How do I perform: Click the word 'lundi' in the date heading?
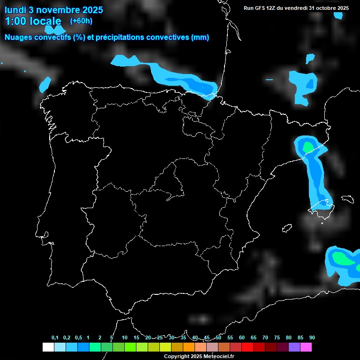coord(15,10)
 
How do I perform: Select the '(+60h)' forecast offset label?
coord(81,21)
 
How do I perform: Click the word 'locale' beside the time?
coord(45,21)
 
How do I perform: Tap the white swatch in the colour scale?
coord(48,347)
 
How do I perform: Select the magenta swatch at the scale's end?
coord(306,347)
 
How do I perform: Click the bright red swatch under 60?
coord(247,347)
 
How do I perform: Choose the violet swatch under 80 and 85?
coord(294,347)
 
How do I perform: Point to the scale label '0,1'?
coord(55,338)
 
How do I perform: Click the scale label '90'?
coord(312,338)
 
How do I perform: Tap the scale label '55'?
coord(230,338)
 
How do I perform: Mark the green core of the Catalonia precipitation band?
coord(307,147)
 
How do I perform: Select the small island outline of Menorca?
coord(347,198)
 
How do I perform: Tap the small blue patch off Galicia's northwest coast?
coord(45,84)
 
